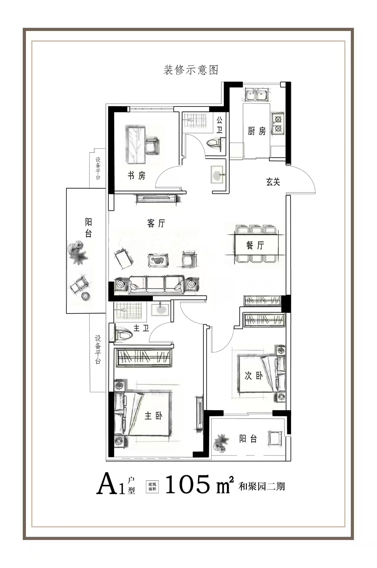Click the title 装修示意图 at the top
(x=191, y=70)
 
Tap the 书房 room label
(x=136, y=176)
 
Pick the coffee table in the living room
(x=158, y=260)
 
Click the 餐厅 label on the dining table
(x=255, y=245)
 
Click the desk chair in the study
(x=152, y=145)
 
